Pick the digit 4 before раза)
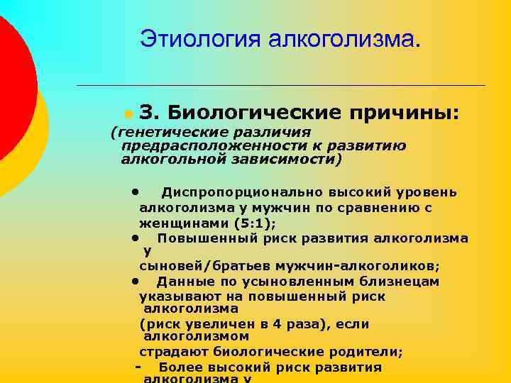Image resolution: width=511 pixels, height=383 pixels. pyautogui.click(x=275, y=324)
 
